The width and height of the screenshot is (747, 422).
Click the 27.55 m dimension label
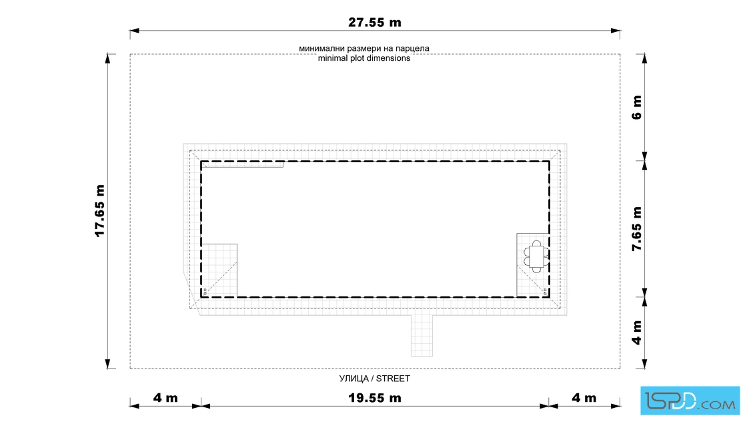(x=374, y=23)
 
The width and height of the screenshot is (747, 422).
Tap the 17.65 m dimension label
(x=99, y=210)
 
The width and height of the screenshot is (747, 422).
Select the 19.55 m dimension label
(x=374, y=398)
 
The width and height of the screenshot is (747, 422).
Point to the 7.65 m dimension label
(x=637, y=229)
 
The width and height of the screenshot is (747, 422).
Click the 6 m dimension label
(x=637, y=108)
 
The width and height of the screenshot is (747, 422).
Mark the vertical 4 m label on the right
(x=637, y=333)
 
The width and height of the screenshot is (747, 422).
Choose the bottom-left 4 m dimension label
(x=165, y=398)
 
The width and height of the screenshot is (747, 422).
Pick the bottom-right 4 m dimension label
(x=584, y=398)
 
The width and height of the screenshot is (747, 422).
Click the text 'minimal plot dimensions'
(x=364, y=58)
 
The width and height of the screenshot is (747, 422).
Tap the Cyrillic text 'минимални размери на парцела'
(x=364, y=48)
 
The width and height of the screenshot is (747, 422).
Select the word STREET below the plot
(x=393, y=379)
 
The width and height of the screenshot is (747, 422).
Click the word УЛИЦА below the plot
(x=354, y=379)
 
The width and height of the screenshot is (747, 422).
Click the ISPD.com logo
(x=690, y=401)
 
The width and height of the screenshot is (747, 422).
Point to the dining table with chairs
(x=536, y=256)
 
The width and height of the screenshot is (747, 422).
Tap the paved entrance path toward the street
(x=422, y=336)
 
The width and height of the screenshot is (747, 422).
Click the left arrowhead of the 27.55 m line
(x=134, y=31)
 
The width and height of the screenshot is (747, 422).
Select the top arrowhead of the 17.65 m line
(x=107, y=58)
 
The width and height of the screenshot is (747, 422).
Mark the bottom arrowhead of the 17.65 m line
(x=107, y=364)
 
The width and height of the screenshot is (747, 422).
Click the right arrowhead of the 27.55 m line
(x=616, y=31)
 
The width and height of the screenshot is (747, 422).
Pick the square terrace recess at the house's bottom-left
(x=219, y=270)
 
